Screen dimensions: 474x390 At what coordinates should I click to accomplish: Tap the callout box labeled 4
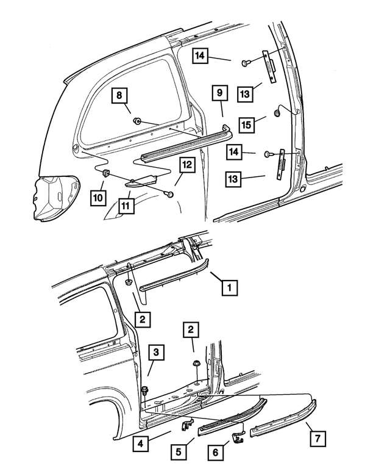coord(141,444)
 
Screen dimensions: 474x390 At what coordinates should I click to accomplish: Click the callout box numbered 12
coord(186,165)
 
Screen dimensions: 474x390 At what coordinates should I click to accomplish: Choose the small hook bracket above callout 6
coord(239,433)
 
